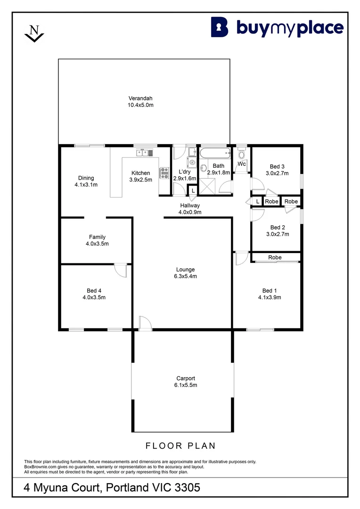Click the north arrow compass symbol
click(34, 33)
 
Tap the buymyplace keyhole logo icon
click(220, 27)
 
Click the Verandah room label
click(140, 98)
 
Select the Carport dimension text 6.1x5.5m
click(186, 385)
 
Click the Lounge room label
click(185, 270)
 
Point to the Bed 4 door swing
click(121, 270)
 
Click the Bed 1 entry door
click(241, 258)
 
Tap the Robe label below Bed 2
click(275, 257)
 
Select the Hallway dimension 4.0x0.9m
click(190, 212)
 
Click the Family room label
click(98, 237)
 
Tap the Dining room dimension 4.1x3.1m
click(86, 185)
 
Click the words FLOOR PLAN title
click(180, 446)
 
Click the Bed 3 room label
click(277, 166)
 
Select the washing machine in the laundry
click(191, 162)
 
